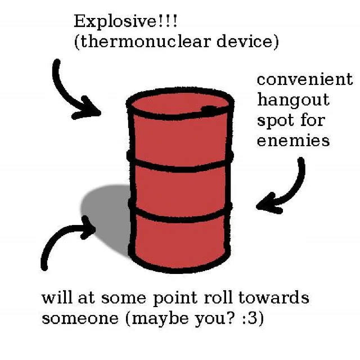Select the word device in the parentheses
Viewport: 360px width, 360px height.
point(248,43)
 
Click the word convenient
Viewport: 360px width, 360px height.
point(305,79)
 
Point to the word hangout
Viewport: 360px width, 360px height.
point(293,101)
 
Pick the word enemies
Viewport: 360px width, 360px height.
point(293,141)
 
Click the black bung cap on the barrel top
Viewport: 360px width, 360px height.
point(209,109)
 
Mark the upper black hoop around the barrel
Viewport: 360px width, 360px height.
point(180,164)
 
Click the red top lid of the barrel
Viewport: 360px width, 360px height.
point(174,104)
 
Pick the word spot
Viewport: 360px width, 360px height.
point(275,121)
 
